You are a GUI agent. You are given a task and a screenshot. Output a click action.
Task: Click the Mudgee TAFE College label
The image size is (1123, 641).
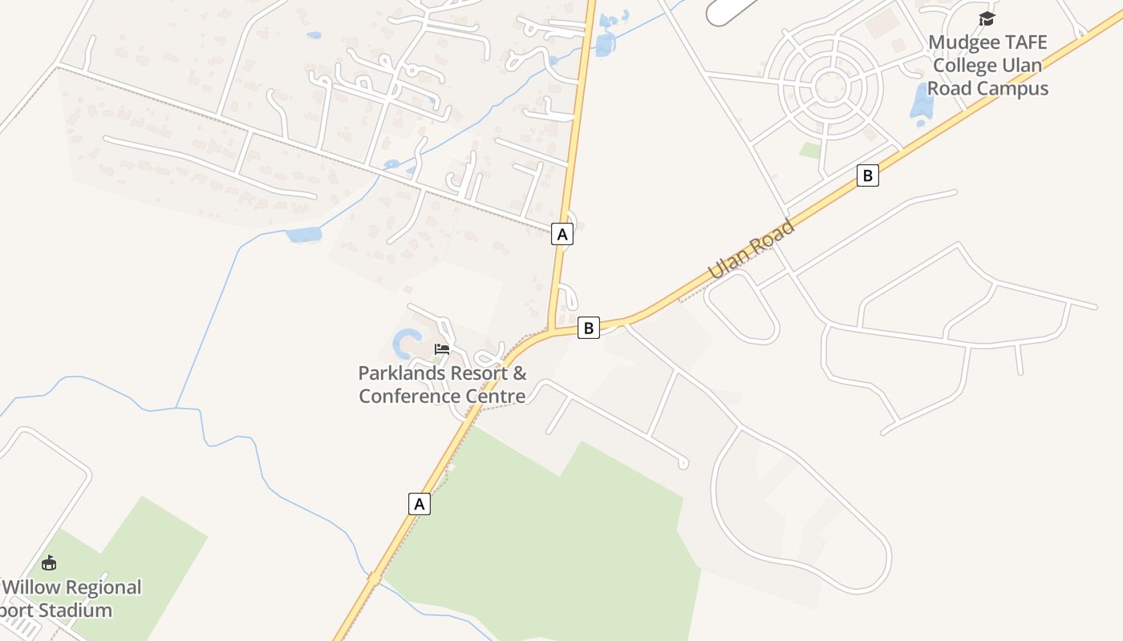987,65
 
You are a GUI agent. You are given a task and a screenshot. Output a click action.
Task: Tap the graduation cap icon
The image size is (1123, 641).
987,18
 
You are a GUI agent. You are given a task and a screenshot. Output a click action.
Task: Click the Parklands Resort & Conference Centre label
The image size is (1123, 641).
442,385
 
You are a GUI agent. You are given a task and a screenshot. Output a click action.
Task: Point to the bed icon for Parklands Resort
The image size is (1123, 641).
442,349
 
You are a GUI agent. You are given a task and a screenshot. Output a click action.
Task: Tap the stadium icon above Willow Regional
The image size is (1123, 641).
49,562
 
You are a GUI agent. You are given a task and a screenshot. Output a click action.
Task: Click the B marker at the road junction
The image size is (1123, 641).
589,327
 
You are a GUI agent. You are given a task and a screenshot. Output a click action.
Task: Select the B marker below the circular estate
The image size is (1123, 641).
867,175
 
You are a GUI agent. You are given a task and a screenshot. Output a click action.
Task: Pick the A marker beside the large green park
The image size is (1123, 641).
419,503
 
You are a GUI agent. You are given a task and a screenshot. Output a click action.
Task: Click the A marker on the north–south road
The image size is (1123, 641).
562,234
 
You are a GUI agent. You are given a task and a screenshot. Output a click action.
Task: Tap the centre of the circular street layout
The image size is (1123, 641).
829,85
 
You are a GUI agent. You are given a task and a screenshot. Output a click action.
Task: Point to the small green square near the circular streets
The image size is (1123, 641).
811,150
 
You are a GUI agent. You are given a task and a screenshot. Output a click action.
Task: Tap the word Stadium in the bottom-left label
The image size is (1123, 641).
77,610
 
